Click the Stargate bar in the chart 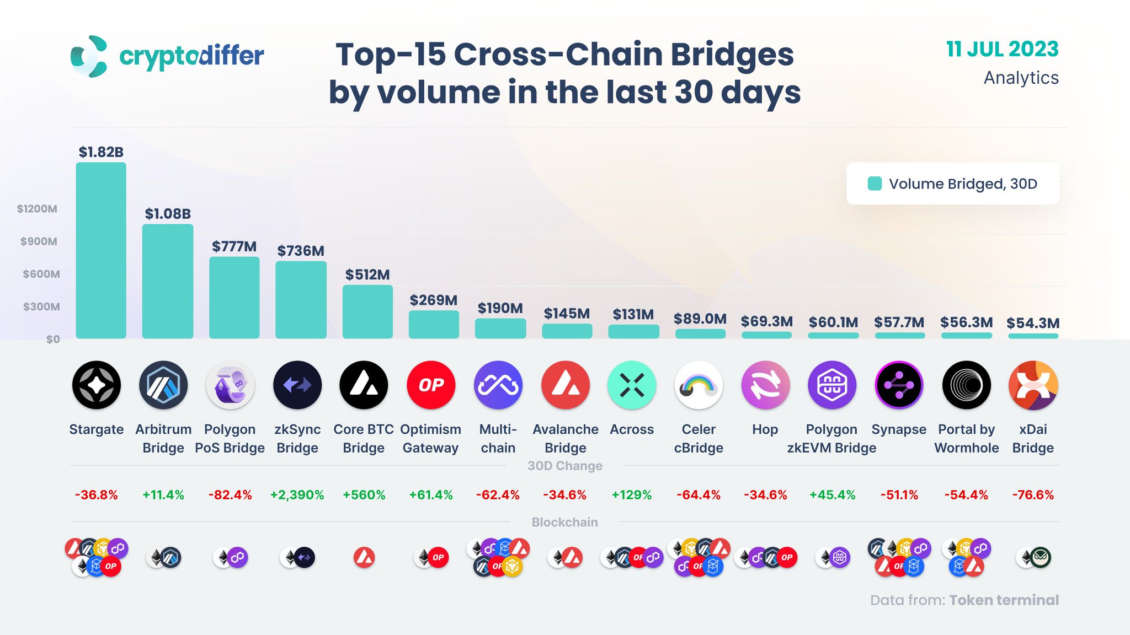[101, 251]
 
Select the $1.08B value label [168, 214]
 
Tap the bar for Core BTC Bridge [367, 311]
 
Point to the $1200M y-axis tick [37, 209]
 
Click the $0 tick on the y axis [53, 340]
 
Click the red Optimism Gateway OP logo [431, 385]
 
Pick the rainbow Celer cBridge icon [699, 385]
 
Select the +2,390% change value [297, 495]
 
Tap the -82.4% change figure [230, 495]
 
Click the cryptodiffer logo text [191, 56]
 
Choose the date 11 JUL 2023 [1002, 49]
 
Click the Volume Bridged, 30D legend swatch [875, 184]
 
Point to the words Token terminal [1004, 600]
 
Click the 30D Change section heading [564, 466]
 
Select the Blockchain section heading [564, 522]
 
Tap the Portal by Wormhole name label [966, 438]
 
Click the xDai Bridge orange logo [1033, 385]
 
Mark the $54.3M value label [1033, 323]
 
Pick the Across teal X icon [632, 385]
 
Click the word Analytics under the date [1021, 78]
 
